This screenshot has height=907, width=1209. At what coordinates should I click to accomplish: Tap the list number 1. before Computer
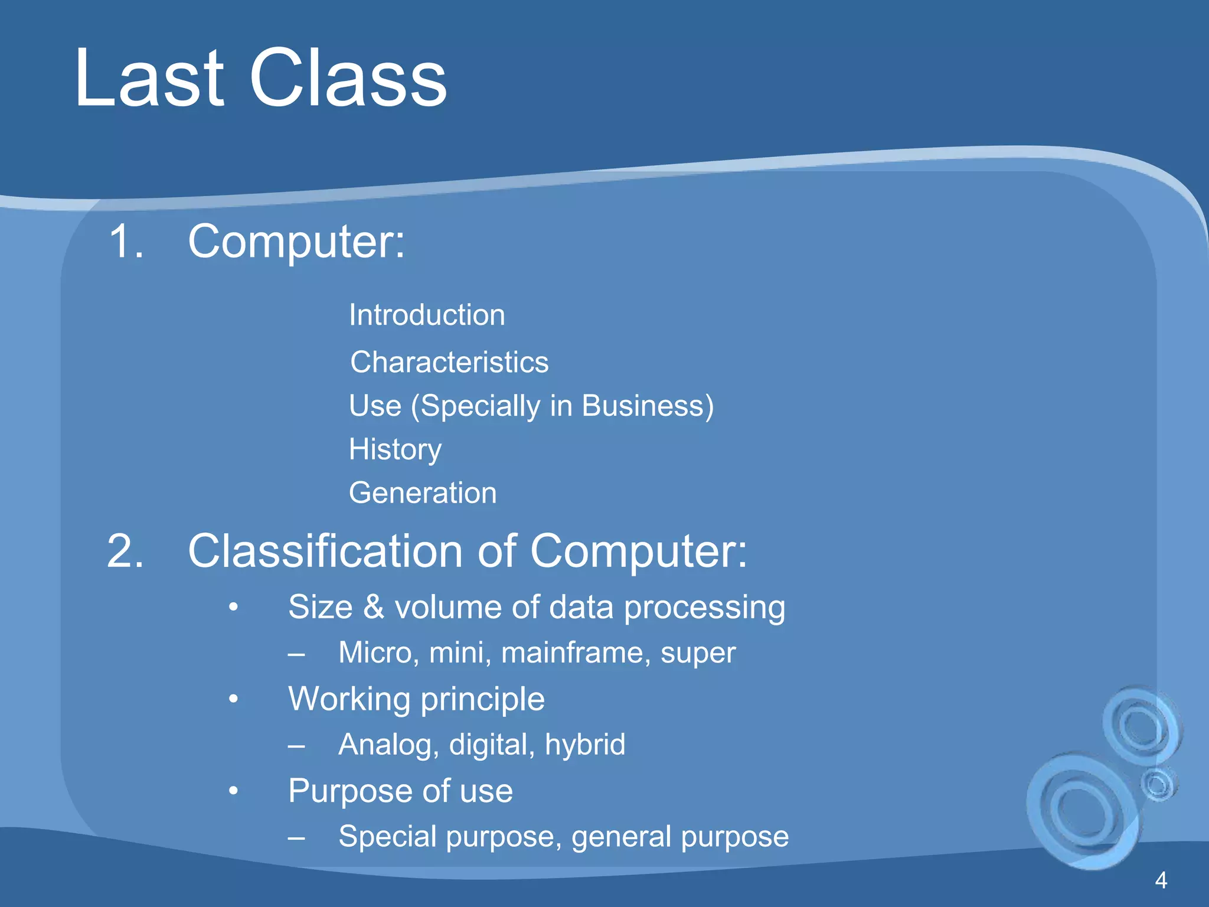126,242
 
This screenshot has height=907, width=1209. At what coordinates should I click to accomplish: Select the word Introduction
427,315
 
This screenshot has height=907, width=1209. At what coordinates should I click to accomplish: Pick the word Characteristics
449,362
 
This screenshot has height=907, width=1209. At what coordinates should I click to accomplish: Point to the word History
395,450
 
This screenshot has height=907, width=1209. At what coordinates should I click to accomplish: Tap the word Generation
423,493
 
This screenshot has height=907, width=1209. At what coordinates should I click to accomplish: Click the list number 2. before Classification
125,551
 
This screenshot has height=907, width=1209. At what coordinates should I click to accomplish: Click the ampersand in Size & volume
374,607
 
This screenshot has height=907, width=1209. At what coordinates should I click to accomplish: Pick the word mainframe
576,653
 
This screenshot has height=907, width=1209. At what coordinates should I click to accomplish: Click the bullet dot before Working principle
234,699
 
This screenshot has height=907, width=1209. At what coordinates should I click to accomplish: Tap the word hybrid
585,745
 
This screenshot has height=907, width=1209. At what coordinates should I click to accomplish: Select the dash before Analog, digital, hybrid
296,746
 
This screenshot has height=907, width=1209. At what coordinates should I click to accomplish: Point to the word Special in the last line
387,837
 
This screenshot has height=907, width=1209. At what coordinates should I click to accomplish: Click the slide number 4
1161,880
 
